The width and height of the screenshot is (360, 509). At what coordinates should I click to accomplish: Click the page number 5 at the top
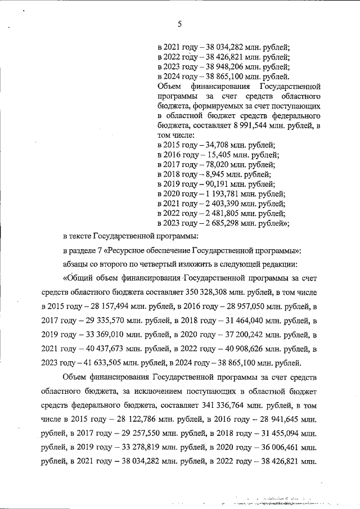pos(179,24)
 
